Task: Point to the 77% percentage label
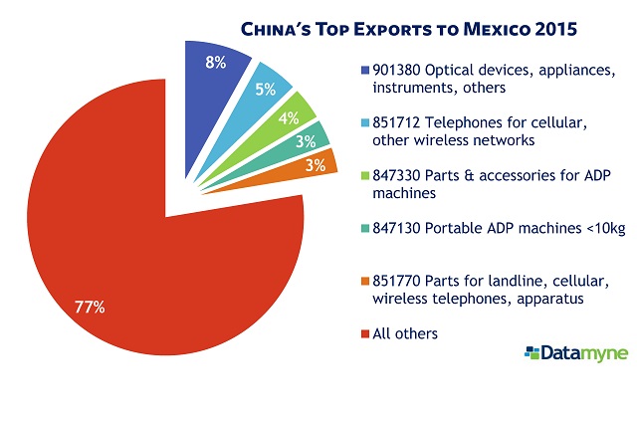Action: coord(91,307)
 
